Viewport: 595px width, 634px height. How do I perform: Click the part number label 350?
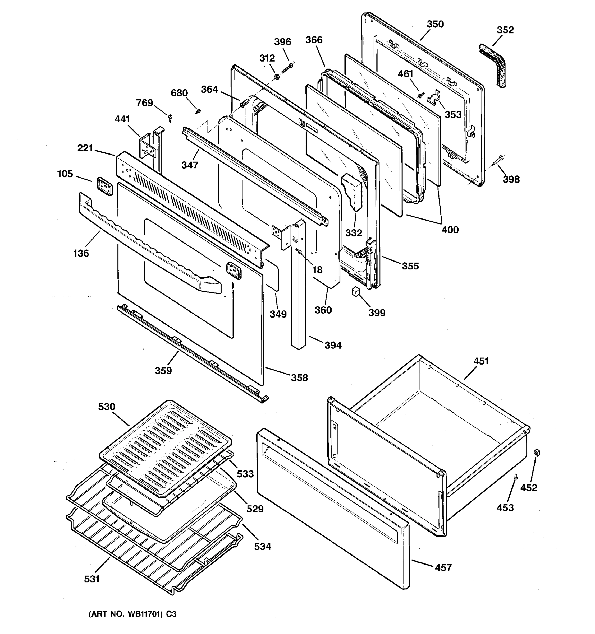pos(435,24)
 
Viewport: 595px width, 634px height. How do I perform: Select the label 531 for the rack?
pos(92,579)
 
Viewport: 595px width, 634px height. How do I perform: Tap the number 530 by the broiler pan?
pos(107,407)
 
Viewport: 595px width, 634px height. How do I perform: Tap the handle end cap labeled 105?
pos(105,186)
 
